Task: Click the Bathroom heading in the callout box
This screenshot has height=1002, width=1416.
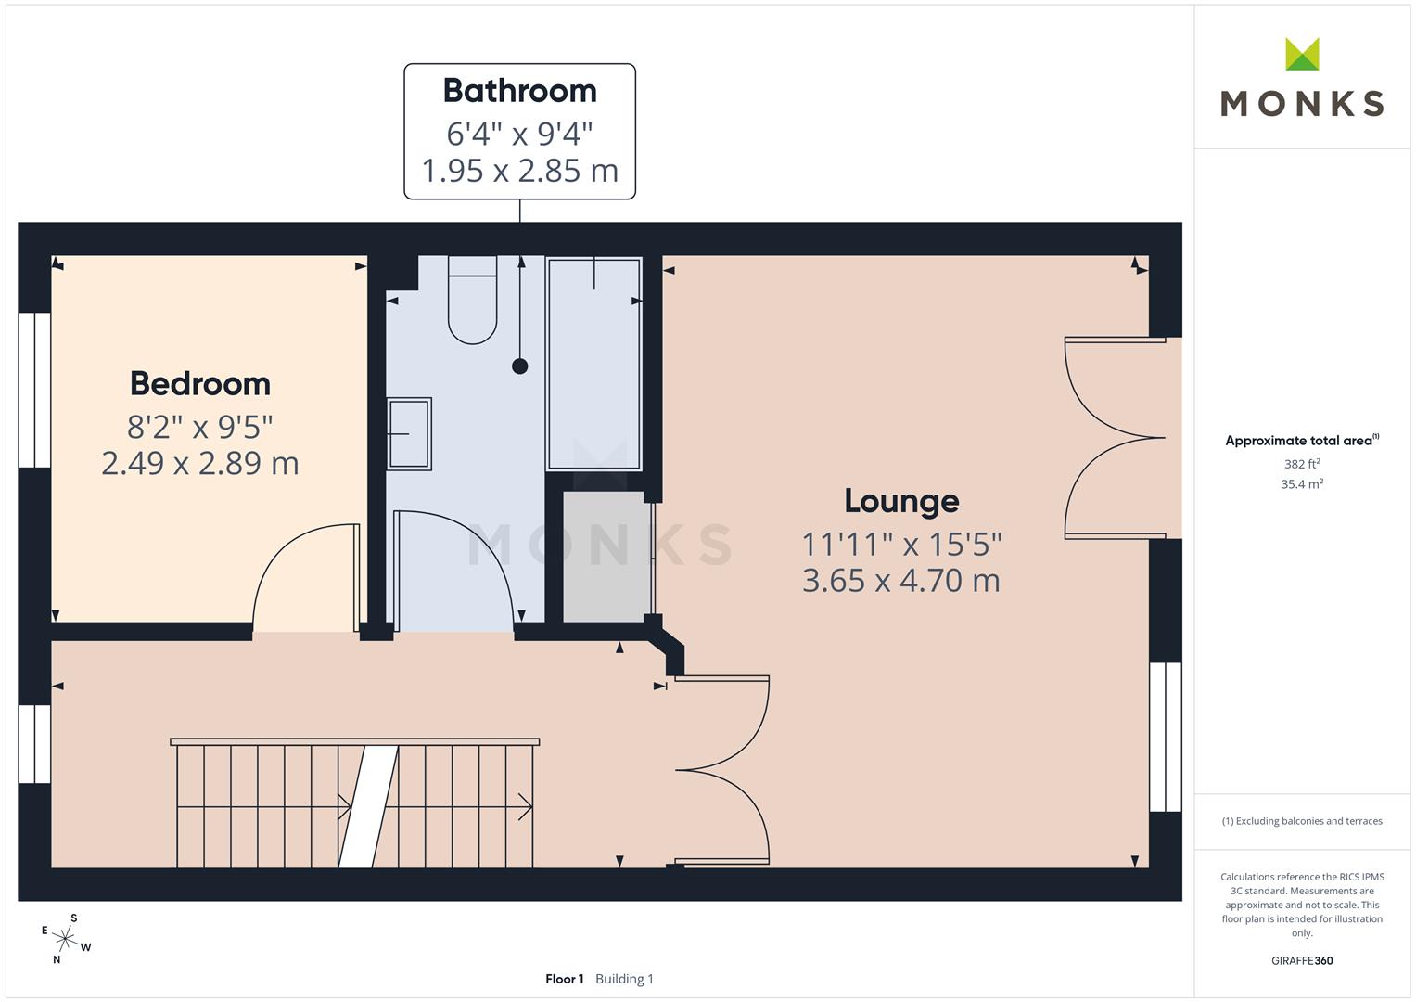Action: (519, 91)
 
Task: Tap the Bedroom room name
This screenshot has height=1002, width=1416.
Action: (200, 383)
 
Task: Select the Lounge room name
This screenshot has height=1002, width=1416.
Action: (901, 501)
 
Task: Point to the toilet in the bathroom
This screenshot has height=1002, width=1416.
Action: (472, 302)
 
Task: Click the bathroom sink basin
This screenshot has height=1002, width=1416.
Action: (409, 434)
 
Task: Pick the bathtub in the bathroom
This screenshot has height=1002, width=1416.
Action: (593, 364)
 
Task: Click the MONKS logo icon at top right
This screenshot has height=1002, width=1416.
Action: (1302, 55)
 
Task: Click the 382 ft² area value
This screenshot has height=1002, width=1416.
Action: (1302, 464)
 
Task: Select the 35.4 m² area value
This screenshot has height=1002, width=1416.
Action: (1302, 484)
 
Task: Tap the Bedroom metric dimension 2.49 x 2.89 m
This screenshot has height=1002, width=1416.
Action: (200, 463)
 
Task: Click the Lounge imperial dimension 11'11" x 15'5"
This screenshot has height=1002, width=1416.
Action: (901, 544)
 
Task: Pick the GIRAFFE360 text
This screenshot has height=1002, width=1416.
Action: (1302, 961)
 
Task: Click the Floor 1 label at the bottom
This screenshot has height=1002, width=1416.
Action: (565, 979)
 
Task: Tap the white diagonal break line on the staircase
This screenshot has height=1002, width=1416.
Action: (368, 805)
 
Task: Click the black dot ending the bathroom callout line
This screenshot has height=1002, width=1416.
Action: (520, 366)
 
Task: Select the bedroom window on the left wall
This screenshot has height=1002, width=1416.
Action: (34, 390)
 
